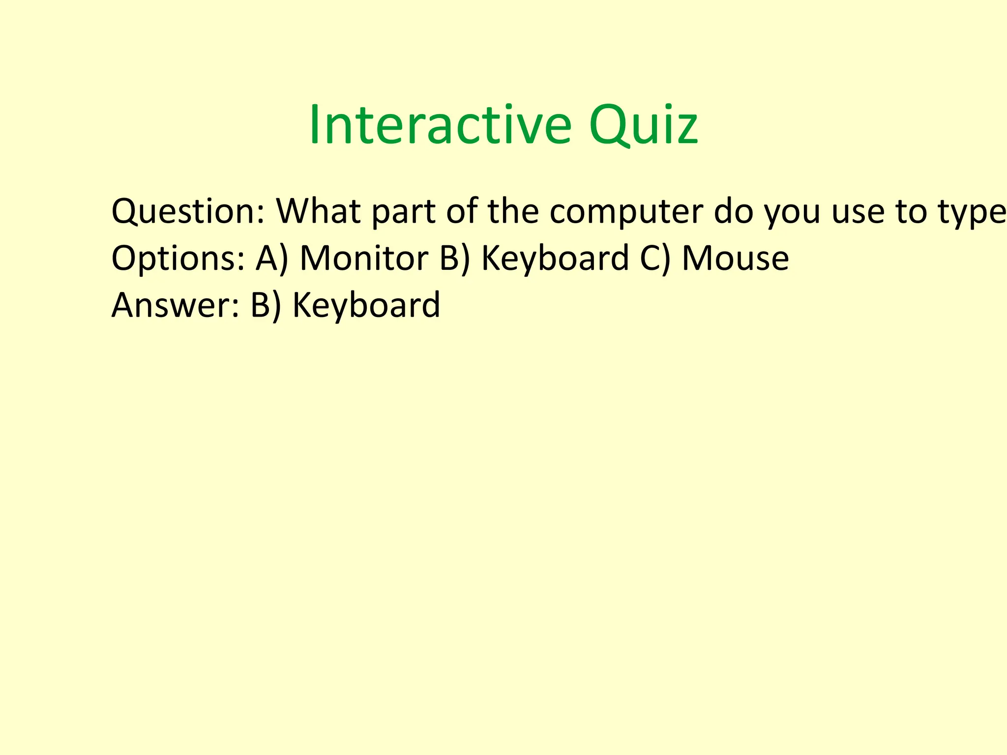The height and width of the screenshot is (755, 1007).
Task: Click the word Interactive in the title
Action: [440, 125]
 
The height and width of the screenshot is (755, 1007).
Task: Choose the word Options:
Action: [178, 259]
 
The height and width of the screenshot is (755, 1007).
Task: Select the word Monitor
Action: [364, 259]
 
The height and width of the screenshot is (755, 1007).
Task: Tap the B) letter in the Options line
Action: [455, 259]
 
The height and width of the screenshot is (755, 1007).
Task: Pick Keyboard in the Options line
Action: [555, 259]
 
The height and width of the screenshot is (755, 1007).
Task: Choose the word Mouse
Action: [735, 259]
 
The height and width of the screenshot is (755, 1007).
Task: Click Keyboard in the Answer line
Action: [366, 305]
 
